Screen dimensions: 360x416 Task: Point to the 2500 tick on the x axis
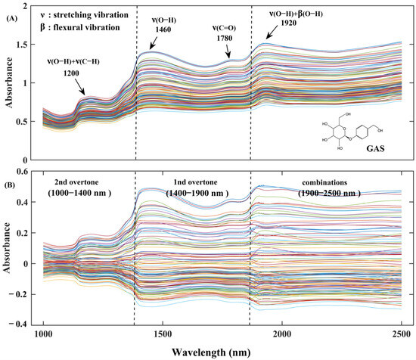pos(400,334)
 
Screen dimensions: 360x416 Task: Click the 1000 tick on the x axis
pos(44,334)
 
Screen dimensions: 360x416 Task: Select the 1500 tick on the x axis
pos(163,334)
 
